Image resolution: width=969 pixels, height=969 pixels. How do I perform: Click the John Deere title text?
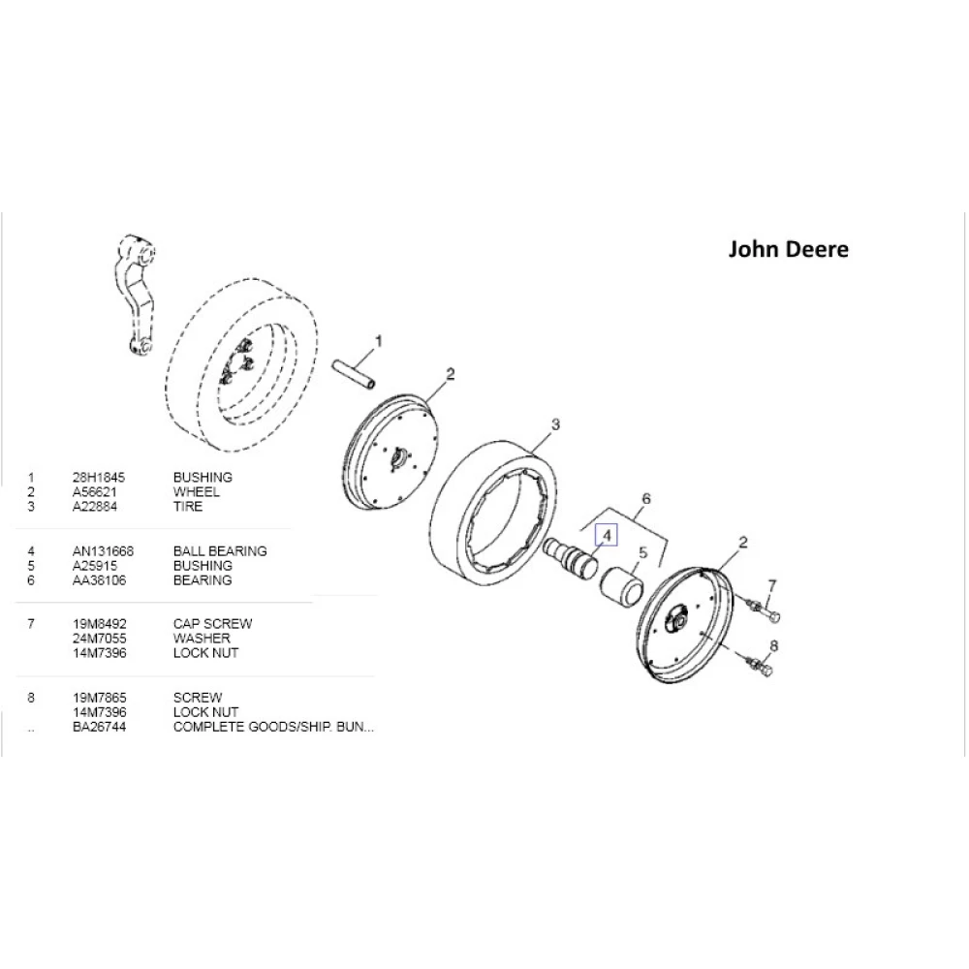[788, 249]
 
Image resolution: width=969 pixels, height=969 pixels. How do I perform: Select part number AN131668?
[103, 551]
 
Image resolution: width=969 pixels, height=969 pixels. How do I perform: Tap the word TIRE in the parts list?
[187, 507]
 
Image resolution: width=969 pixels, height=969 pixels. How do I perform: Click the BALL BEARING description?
[219, 551]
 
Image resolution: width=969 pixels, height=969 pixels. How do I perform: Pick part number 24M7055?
[100, 639]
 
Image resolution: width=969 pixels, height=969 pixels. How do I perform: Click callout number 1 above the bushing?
[379, 341]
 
